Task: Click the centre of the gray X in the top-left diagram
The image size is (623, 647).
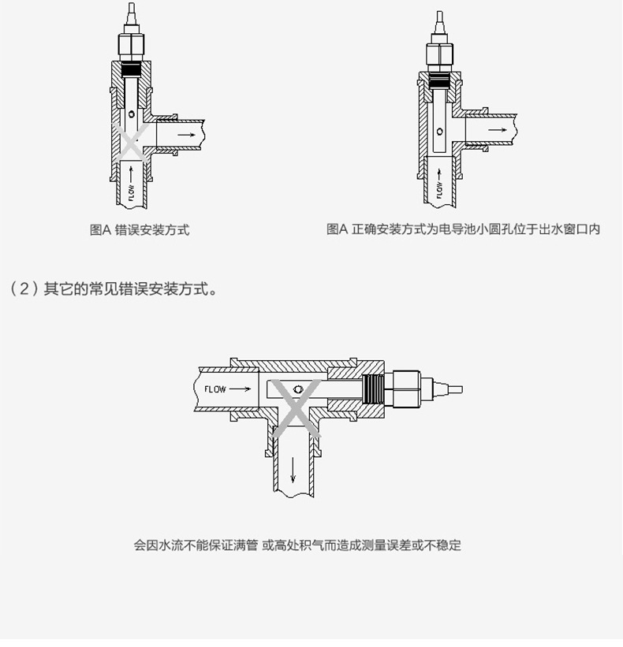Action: [x=131, y=142]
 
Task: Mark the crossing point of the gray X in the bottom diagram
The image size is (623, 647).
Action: [x=296, y=407]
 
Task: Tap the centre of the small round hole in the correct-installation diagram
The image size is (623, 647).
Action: [x=440, y=132]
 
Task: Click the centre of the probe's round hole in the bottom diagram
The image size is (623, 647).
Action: [x=297, y=389]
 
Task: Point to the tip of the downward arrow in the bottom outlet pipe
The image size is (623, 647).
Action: [x=293, y=482]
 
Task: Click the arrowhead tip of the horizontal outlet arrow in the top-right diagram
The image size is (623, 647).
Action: [x=507, y=130]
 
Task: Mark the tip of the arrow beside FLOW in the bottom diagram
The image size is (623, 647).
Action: [x=251, y=389]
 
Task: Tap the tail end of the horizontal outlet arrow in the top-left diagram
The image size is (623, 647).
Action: [x=178, y=135]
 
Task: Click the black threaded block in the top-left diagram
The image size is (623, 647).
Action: [x=132, y=70]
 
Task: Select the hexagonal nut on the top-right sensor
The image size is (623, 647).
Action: [x=440, y=54]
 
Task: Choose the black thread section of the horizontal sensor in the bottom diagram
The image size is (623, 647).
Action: [x=374, y=389]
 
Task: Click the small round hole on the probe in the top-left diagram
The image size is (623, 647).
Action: [x=131, y=113]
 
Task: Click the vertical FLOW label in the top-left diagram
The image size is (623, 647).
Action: [x=131, y=192]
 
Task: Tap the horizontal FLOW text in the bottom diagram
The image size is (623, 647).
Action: [x=215, y=389]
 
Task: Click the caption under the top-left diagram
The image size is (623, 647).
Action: [x=140, y=230]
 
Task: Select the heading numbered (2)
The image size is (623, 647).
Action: [x=113, y=289]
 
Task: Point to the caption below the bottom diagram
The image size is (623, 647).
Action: [x=297, y=545]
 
